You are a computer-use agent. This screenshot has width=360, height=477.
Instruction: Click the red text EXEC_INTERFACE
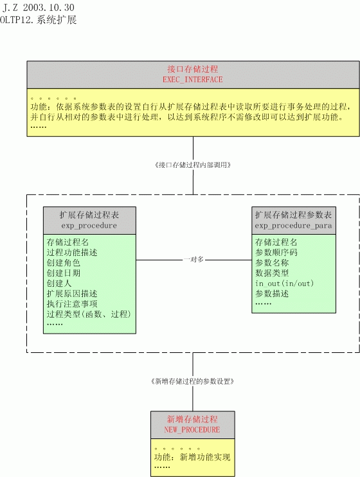[193, 80]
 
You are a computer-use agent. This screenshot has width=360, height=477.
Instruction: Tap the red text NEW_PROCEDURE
[192, 429]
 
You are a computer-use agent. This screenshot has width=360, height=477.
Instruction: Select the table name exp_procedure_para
[293, 226]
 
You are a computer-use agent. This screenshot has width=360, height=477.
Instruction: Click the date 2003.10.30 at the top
[49, 7]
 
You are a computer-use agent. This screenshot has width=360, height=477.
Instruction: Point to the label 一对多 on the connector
[194, 260]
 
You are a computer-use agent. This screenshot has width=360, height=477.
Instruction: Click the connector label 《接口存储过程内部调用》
[193, 165]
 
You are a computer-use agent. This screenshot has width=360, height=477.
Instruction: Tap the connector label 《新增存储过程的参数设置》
[193, 381]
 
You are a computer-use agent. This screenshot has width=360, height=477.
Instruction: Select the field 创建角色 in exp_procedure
[63, 262]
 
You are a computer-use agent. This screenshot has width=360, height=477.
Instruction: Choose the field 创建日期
[63, 273]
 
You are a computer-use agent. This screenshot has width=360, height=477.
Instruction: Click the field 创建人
[59, 283]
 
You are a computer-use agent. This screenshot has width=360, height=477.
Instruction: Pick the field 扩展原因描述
[72, 294]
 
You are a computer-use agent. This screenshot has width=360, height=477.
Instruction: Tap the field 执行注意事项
[72, 304]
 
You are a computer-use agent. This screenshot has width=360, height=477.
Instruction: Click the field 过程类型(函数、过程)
[89, 314]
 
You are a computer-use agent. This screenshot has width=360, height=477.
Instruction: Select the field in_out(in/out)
[284, 283]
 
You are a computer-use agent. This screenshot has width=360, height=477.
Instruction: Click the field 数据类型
[272, 273]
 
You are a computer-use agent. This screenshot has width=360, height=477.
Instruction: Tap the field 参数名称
[272, 262]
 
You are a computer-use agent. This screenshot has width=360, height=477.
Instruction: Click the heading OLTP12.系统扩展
[38, 20]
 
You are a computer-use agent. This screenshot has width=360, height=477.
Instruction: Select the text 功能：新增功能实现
[192, 457]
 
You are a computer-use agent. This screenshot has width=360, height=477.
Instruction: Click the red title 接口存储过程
[193, 69]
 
